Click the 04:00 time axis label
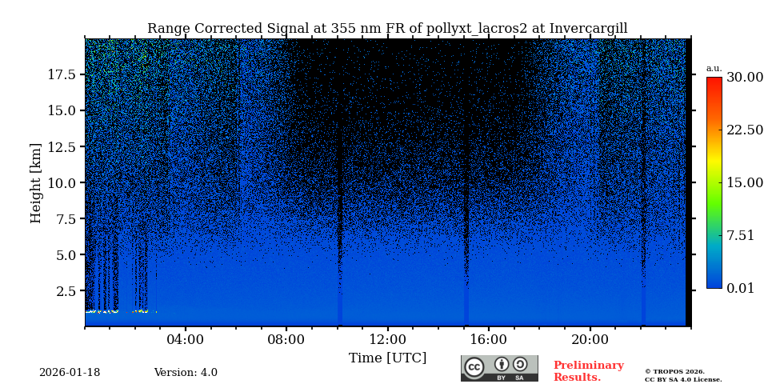coord(186,339)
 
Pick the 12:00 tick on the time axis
coord(387,339)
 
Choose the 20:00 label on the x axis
coord(590,339)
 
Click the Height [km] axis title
coord(36,182)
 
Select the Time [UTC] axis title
coord(387,358)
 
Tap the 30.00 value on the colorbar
coord(744,78)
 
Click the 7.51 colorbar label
coord(740,235)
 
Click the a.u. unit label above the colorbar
coord(714,68)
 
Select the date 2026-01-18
coord(70,373)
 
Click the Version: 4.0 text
coord(186,373)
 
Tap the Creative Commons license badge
coord(499,368)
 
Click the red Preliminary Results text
coord(588,371)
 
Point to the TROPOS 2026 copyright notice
coord(674,372)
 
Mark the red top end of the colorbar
coord(714,81)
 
